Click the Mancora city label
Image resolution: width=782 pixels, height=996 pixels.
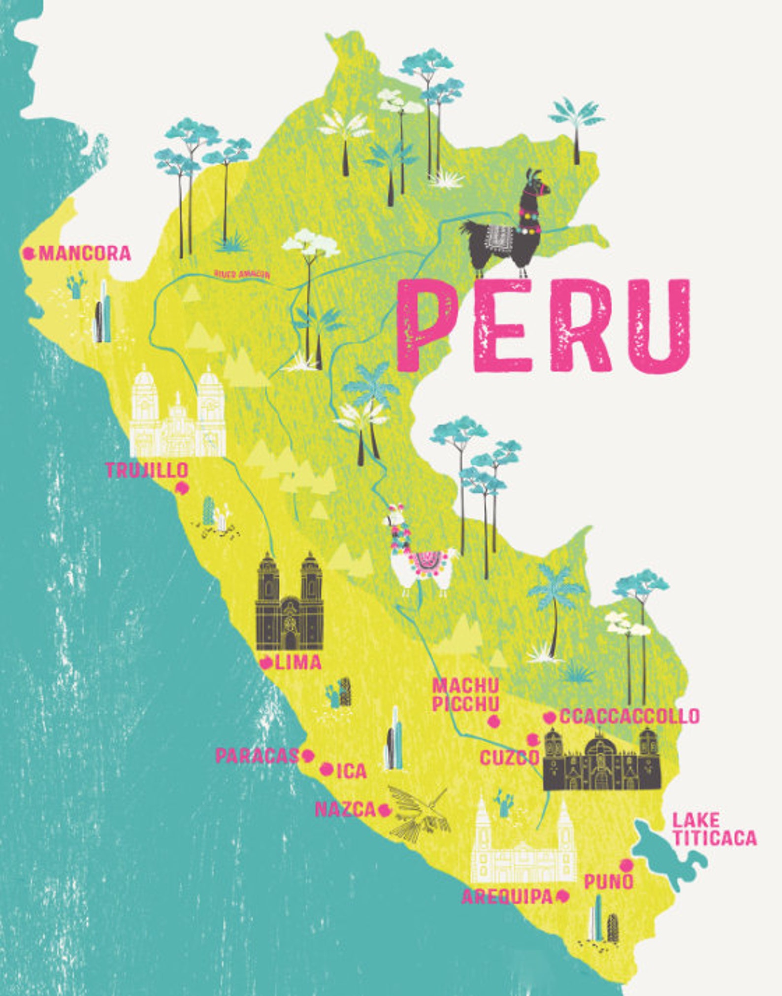coord(85,253)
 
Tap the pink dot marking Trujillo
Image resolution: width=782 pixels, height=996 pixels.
coord(182,489)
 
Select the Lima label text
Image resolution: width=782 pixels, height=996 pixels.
coord(298,663)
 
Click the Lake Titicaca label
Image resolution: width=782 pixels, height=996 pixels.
coord(714,830)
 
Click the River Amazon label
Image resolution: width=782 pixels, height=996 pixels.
coord(242,274)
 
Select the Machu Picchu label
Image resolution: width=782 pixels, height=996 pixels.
coord(465,695)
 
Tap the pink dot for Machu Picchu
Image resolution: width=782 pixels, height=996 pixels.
coord(493,721)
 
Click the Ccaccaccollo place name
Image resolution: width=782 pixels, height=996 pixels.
coord(629,716)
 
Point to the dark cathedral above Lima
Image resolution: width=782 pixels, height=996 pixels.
coord(290,603)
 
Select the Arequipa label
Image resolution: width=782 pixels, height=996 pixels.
coord(507,897)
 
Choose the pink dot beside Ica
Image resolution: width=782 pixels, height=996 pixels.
coord(326,769)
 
